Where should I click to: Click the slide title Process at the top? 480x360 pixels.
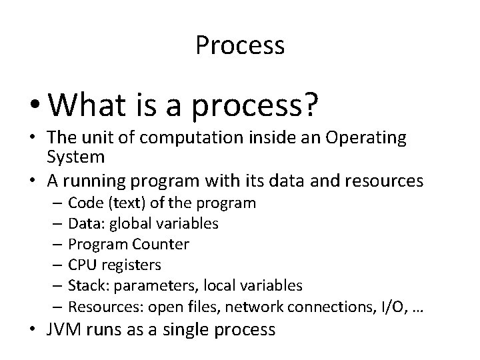coord(240,45)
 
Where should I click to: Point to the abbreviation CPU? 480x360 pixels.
coord(82,265)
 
